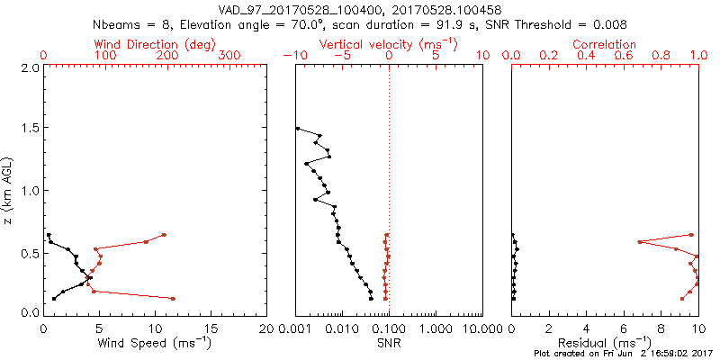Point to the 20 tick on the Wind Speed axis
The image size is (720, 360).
tap(267, 328)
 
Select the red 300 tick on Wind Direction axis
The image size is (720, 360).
tap(231, 55)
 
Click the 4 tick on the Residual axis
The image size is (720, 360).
tap(587, 328)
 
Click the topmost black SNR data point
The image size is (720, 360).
tap(298, 129)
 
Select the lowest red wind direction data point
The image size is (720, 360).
tap(173, 298)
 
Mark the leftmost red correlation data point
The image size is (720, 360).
tap(639, 242)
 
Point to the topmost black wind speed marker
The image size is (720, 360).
tap(49, 235)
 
